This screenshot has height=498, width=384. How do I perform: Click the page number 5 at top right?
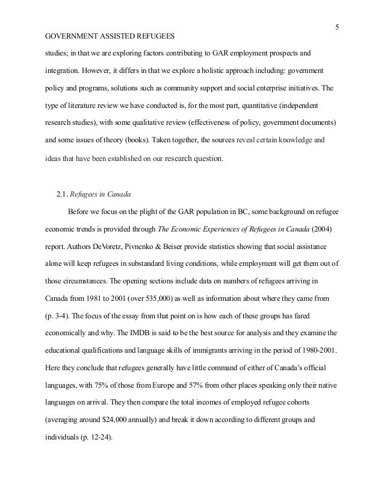[336, 25]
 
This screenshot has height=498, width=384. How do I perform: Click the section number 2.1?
[62, 194]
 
